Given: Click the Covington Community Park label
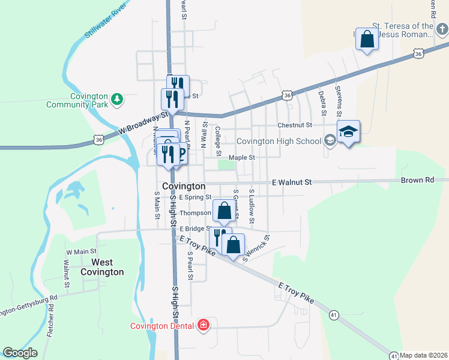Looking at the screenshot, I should coord(80,100).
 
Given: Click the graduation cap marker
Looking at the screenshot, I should coord(348,132).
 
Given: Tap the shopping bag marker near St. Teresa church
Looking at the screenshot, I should coord(367,40).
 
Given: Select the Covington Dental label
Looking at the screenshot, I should coord(163,326).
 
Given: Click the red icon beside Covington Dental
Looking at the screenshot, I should coord(204,325).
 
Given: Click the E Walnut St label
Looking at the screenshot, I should coord(292,182).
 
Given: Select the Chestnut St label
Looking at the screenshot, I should coord(295,125).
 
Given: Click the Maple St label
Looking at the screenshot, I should coord(243,158).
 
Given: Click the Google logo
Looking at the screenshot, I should coord(20,353).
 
